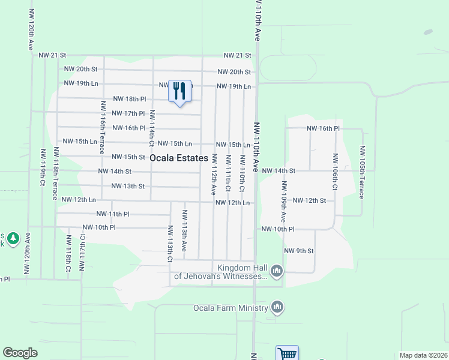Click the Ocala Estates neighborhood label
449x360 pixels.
179,158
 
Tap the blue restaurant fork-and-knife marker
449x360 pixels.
179,92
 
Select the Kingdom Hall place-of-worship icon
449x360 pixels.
277,271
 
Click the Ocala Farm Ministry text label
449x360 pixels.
230,308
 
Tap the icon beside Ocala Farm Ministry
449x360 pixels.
277,308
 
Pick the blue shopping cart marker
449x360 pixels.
287,354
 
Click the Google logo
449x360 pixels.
20,353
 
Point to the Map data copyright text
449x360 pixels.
424,355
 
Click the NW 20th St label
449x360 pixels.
234,72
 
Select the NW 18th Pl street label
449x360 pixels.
129,99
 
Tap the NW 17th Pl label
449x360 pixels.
128,113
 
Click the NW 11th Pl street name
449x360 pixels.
112,214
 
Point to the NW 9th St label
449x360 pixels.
298,251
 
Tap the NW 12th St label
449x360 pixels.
309,200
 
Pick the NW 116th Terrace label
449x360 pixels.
103,126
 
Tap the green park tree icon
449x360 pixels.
13,239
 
